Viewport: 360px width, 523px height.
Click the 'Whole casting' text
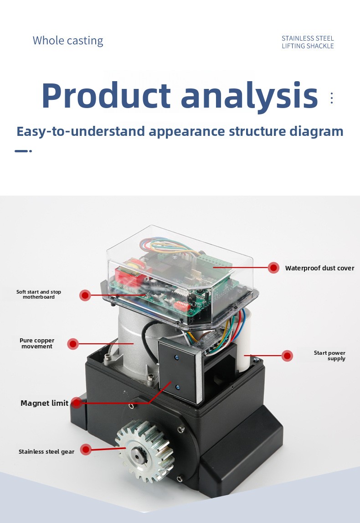coord(68,41)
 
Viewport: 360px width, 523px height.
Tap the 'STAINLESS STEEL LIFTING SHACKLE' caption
coord(308,42)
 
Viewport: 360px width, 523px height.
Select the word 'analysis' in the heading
coord(249,96)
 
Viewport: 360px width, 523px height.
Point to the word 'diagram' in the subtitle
coord(316,131)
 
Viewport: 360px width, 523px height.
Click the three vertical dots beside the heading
coord(331,98)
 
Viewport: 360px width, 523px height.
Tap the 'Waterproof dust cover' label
coord(319,268)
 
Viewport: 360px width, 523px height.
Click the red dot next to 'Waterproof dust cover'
coord(273,268)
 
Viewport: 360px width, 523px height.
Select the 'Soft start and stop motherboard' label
coord(39,294)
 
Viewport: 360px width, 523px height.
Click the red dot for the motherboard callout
coord(85,295)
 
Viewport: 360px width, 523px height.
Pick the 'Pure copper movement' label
coord(37,343)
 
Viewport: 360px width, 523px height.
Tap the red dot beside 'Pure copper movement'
coord(72,343)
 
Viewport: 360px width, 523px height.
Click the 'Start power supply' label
coord(329,356)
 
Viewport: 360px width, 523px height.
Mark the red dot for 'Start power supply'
coord(287,356)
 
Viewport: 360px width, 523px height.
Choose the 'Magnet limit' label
coord(44,403)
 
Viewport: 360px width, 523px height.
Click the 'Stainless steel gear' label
coord(46,451)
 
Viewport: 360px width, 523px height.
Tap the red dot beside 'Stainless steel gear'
coord(86,450)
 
